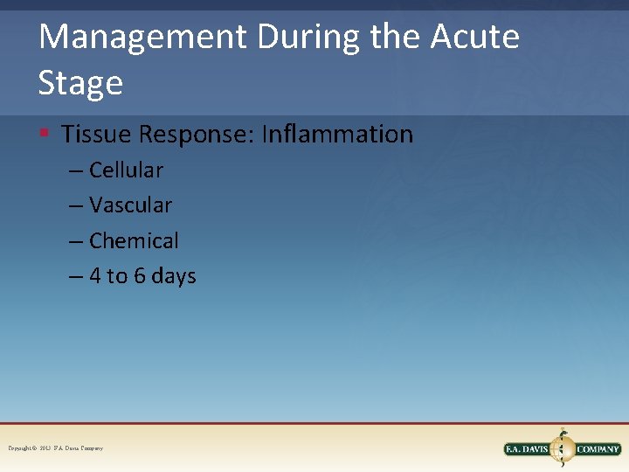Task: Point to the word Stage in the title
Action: click(80, 83)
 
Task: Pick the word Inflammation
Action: click(337, 135)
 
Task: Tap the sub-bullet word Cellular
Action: click(126, 170)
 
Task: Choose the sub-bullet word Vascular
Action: click(130, 205)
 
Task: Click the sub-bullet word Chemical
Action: click(134, 240)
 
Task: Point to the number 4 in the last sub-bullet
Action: click(94, 276)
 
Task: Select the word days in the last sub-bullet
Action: click(174, 276)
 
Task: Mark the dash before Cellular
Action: click(76, 170)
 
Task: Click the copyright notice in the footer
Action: click(56, 448)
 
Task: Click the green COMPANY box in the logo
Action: click(598, 449)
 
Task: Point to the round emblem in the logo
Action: click(562, 448)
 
